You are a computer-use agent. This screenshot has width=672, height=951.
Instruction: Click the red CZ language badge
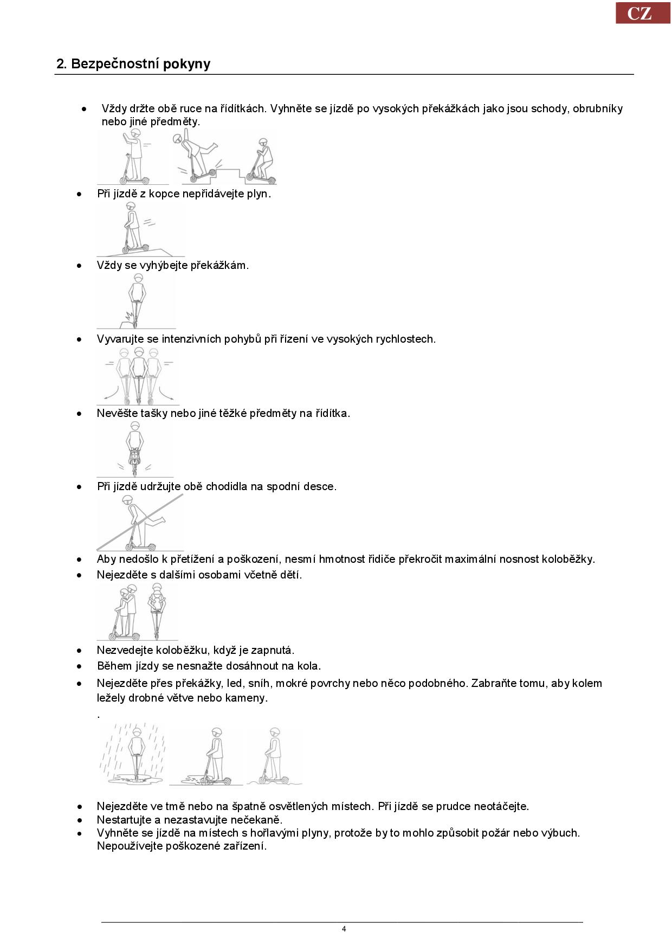(643, 13)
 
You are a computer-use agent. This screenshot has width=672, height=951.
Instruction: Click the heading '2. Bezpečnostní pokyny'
(133, 64)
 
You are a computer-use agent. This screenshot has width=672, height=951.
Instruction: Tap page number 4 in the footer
(344, 929)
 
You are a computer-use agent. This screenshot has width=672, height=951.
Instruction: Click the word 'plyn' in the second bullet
(257, 194)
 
